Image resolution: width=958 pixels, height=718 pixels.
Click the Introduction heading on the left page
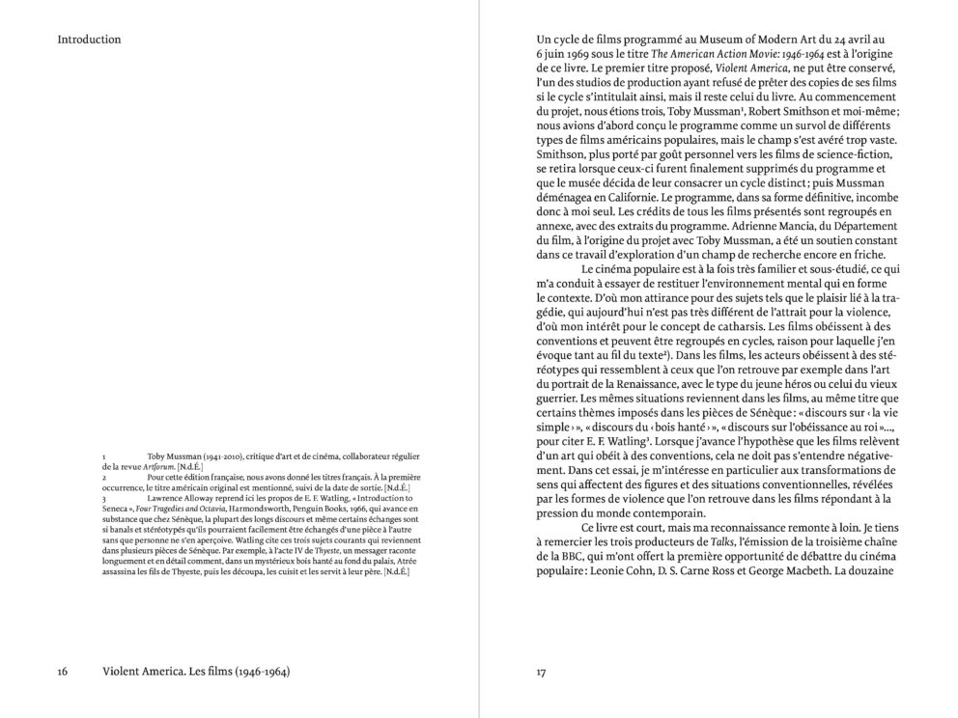coord(89,40)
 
